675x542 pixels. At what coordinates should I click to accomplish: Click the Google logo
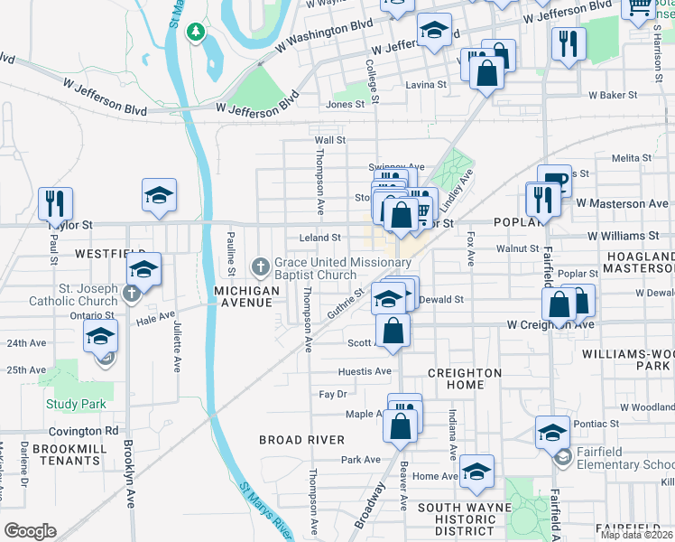(30, 531)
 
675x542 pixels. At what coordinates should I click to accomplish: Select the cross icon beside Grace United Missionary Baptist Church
(261, 266)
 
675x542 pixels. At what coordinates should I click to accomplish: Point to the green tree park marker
(195, 33)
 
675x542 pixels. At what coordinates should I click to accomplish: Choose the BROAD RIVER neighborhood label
(301, 440)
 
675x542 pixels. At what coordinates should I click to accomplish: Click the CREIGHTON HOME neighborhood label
(464, 378)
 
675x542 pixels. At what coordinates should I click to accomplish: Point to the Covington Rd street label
(84, 432)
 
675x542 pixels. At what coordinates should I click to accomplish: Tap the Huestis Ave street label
(365, 371)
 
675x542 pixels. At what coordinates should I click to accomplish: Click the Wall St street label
(329, 140)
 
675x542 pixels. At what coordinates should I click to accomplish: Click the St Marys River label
(267, 510)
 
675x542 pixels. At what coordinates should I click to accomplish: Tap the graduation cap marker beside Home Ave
(477, 471)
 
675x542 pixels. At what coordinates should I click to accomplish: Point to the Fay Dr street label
(333, 395)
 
